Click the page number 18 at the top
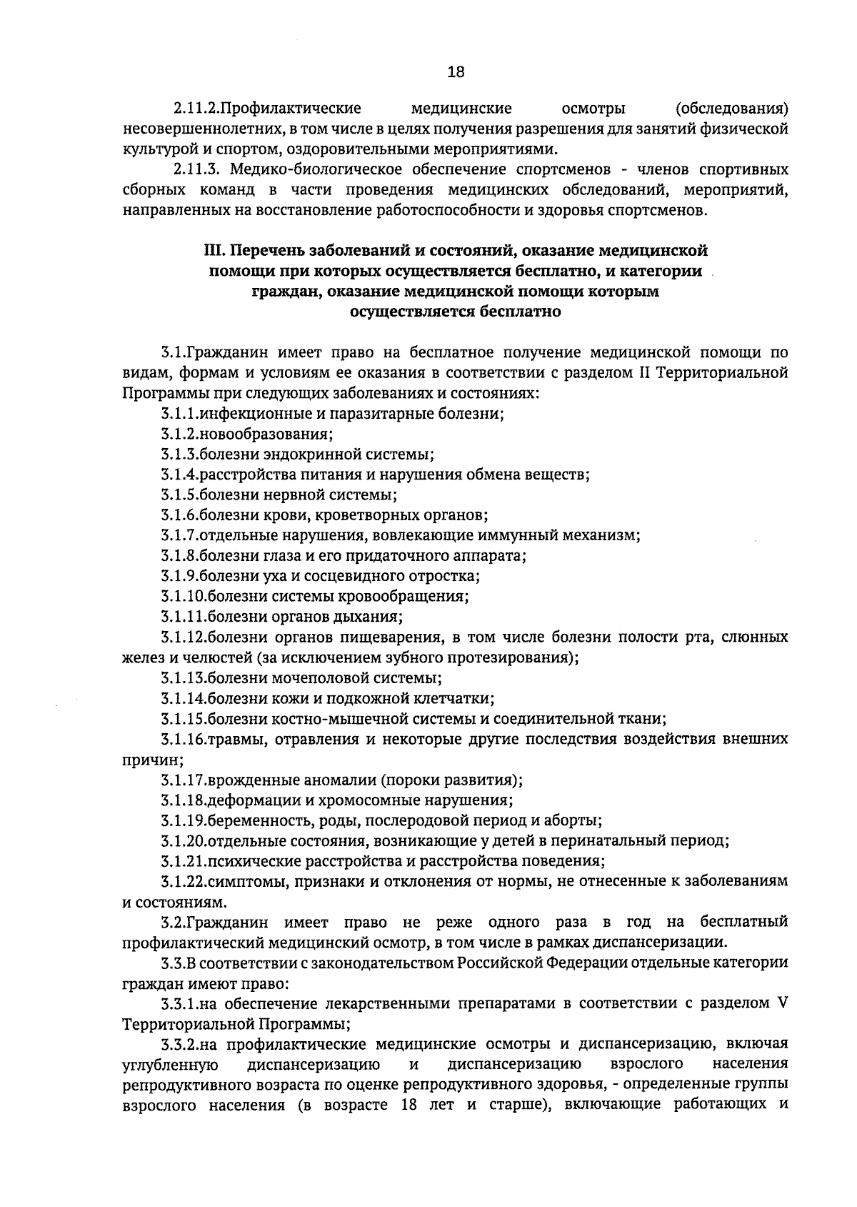[x=455, y=71]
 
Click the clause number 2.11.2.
[x=194, y=109]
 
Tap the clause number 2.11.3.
[x=194, y=170]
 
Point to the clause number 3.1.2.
[x=179, y=434]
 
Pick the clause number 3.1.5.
[x=179, y=495]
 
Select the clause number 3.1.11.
[x=182, y=617]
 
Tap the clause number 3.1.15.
[x=182, y=718]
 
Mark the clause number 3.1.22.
[x=182, y=881]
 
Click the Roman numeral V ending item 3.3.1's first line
[x=782, y=1003]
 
